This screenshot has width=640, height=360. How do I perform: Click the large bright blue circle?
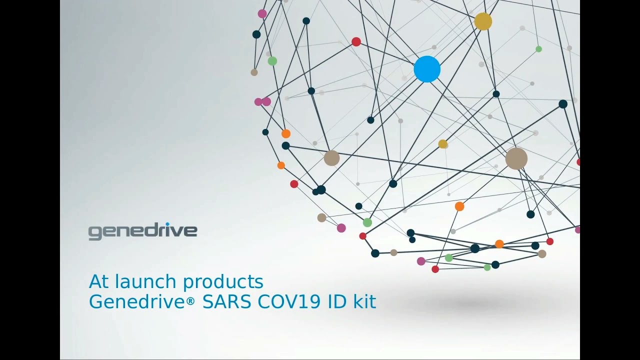click(x=427, y=69)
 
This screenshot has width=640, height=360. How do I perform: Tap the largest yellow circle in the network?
click(x=483, y=21)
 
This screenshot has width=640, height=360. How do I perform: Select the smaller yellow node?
click(x=442, y=144)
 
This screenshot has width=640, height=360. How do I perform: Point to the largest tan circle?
click(x=516, y=158)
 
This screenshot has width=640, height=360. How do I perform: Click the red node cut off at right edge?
click(x=578, y=162)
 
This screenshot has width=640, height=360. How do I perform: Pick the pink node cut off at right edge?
click(x=577, y=230)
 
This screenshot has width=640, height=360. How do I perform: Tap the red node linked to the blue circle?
click(x=356, y=42)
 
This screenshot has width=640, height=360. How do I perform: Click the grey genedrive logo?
click(x=142, y=231)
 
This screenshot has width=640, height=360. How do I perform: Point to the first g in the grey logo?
click(x=93, y=233)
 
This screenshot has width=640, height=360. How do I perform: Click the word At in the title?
click(x=99, y=282)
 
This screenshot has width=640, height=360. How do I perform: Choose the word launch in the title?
click(x=146, y=282)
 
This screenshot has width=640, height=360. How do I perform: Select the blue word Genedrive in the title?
click(x=137, y=302)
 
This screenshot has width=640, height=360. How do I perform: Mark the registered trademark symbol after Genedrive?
click(x=191, y=302)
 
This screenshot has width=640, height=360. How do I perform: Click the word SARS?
click(x=227, y=302)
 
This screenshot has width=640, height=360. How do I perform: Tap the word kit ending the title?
click(x=365, y=302)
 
